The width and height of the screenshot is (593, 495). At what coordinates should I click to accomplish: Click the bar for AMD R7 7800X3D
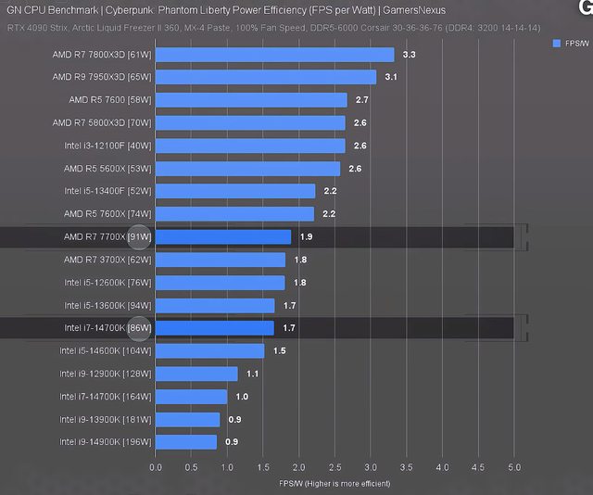(x=274, y=55)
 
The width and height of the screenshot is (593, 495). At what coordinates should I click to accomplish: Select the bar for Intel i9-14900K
(x=185, y=442)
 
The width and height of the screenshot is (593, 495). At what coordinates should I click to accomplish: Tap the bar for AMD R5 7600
(x=250, y=100)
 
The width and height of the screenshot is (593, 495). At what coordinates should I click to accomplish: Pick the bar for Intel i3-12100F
(x=249, y=146)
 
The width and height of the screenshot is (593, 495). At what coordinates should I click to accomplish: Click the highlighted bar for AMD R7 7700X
(x=222, y=237)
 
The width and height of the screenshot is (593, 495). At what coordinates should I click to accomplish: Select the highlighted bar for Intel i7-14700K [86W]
(x=214, y=327)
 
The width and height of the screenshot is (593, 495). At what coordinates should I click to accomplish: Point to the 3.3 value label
(x=409, y=56)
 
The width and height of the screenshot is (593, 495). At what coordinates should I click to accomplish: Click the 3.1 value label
(x=391, y=78)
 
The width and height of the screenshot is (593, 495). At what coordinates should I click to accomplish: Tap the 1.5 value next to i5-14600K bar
(x=279, y=351)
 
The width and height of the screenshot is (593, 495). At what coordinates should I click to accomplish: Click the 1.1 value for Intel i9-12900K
(x=252, y=374)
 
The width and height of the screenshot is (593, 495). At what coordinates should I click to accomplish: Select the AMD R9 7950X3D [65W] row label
(x=101, y=77)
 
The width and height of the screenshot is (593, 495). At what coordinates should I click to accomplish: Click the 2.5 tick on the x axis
(x=334, y=466)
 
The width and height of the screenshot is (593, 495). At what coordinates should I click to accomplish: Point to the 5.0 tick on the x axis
(x=514, y=466)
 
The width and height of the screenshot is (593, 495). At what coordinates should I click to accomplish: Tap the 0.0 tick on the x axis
(x=156, y=466)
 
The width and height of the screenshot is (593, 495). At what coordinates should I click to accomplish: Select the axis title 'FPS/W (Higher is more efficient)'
(x=334, y=483)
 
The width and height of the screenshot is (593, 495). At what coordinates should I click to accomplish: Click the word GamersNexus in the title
(x=413, y=10)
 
